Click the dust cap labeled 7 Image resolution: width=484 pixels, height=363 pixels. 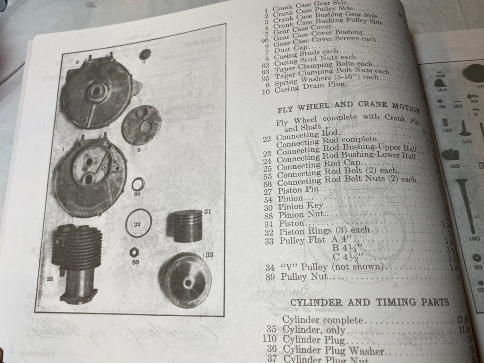pos(145,54)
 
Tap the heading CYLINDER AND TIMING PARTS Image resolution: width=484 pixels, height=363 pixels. pos(369,302)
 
